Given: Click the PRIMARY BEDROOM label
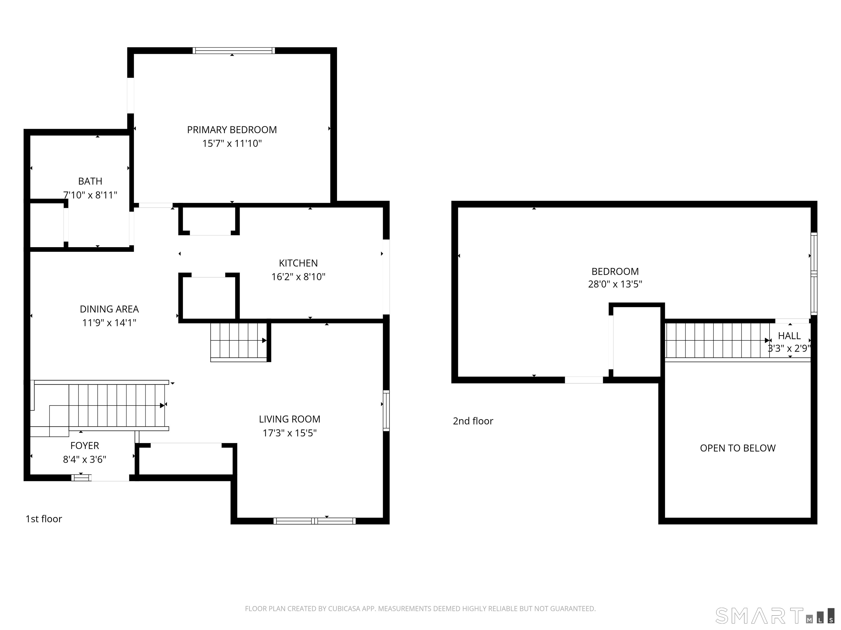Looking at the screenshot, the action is [x=232, y=130].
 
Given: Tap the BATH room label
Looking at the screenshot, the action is [x=90, y=181].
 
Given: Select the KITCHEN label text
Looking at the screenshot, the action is [x=298, y=263].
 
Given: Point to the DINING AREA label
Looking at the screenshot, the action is [x=109, y=309].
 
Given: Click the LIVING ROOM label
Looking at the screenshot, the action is [x=289, y=419].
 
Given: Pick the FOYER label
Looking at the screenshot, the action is [x=84, y=446].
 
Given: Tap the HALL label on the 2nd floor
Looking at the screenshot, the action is [x=789, y=336].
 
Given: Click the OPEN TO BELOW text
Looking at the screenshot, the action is [x=738, y=448].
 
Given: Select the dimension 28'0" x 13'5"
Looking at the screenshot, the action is [x=615, y=284].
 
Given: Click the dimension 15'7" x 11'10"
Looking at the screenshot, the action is [x=232, y=144].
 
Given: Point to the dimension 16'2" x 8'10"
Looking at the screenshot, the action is [x=298, y=277].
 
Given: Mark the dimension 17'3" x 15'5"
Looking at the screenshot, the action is [x=289, y=433].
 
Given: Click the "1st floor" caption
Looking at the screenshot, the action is [x=44, y=519].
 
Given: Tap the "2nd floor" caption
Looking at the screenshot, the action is [x=473, y=421].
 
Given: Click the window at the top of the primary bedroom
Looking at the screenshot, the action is [x=234, y=51].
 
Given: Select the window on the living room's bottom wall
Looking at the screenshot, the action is [x=315, y=521].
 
